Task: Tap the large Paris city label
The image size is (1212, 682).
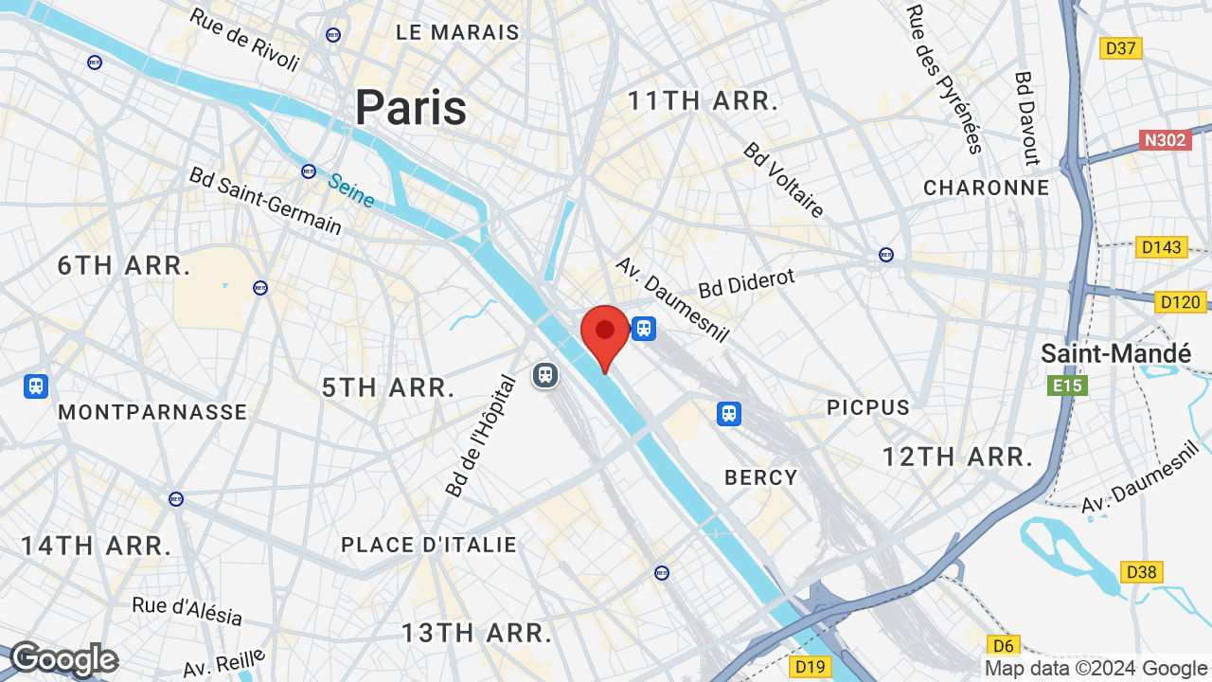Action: [411, 107]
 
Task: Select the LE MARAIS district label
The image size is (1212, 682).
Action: [458, 32]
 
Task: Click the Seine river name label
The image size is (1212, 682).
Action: [351, 189]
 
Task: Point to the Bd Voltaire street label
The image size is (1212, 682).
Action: [784, 180]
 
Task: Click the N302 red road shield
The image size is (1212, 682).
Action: [1165, 140]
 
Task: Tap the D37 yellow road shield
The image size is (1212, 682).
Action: [1122, 47]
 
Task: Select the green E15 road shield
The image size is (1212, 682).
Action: [1067, 386]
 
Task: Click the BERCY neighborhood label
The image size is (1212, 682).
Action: [761, 477]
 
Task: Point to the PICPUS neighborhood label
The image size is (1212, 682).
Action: [868, 407]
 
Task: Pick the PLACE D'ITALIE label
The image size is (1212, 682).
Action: [429, 545]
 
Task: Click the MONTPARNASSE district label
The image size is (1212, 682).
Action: [152, 412]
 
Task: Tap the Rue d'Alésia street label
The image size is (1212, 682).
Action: [187, 611]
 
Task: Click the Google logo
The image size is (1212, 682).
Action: [63, 659]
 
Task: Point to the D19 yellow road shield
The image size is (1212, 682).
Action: [811, 667]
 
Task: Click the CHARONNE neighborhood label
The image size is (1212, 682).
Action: [987, 188]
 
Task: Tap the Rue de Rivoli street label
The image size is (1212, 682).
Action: [245, 40]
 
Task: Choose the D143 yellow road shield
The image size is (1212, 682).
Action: [1162, 247]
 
